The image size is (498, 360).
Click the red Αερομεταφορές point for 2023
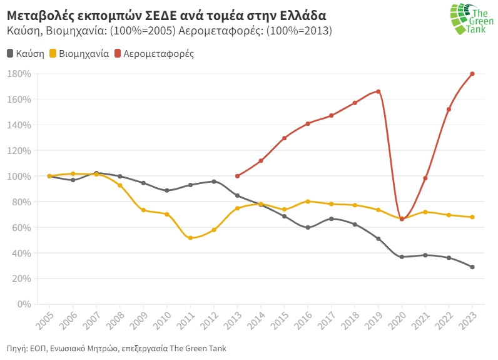[472, 74]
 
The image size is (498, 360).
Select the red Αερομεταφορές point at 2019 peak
[379, 91]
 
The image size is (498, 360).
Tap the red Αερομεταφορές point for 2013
[237, 176]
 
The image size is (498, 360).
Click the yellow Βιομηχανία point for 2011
[190, 238]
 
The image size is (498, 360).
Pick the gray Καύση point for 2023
[472, 267]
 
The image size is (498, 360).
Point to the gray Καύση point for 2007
[96, 173]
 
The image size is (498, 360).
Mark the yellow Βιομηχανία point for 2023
[472, 217]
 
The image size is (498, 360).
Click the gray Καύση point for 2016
[308, 227]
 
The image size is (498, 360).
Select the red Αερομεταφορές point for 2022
[449, 110]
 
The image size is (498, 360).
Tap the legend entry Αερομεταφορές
[153, 54]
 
